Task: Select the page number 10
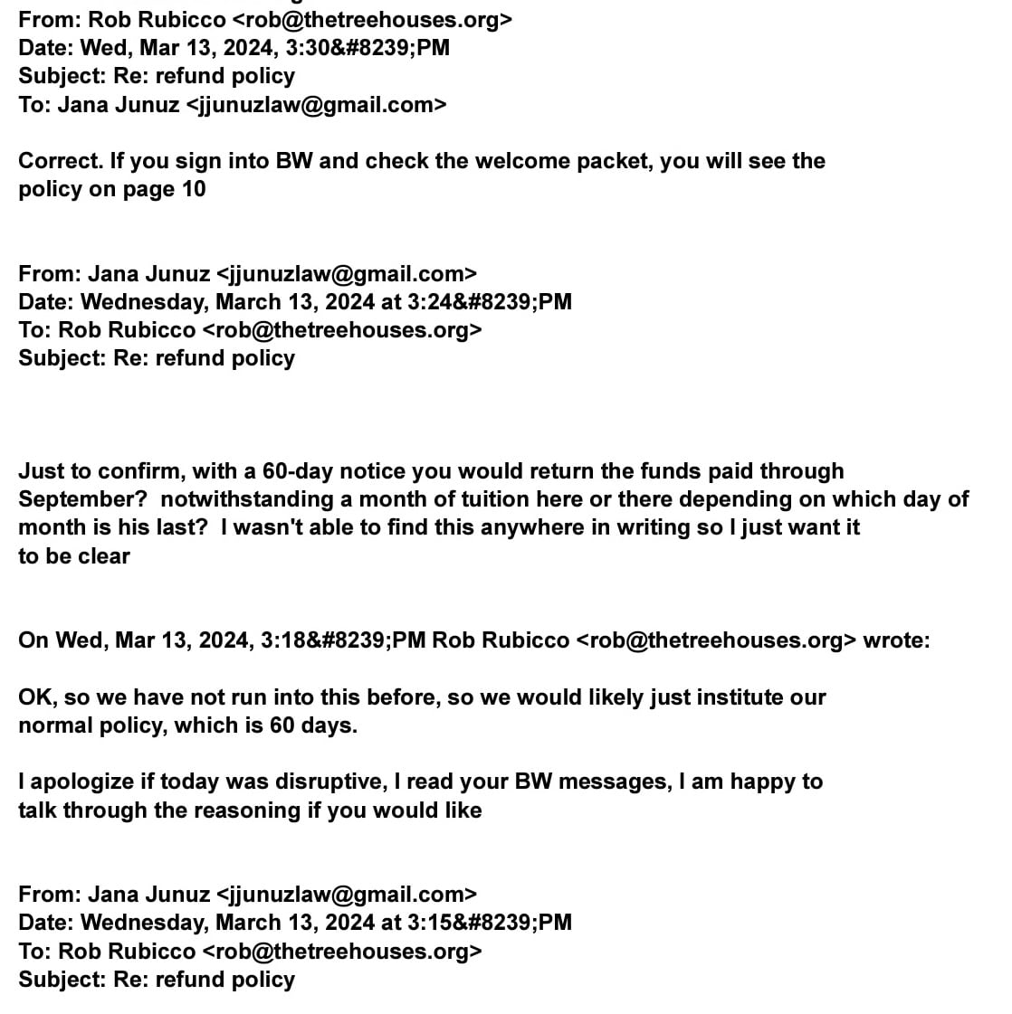tap(193, 189)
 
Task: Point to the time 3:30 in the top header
tap(281, 48)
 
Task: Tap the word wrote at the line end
tap(895, 640)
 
